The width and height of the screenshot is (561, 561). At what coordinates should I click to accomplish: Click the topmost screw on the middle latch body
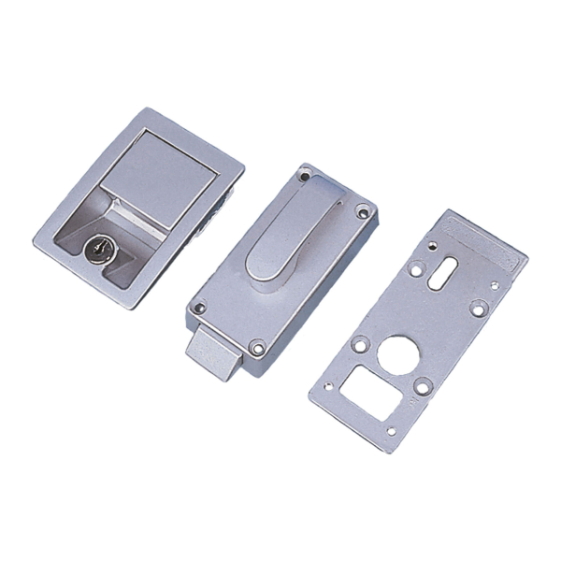304,175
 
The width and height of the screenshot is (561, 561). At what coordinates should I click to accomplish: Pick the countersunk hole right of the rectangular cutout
423,385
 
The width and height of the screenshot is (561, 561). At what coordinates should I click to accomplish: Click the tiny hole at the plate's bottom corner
392,431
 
